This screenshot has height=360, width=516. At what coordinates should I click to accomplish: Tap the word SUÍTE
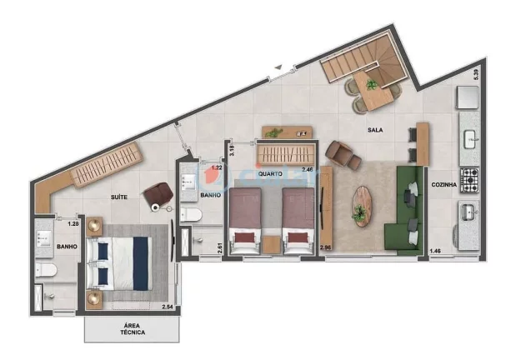[x=120, y=197]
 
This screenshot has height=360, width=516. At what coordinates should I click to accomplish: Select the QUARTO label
[x=273, y=174]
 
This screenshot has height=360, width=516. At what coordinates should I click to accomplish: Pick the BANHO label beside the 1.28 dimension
[x=67, y=246]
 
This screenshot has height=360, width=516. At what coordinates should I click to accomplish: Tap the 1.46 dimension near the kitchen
[x=434, y=251]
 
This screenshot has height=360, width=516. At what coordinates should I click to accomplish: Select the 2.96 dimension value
[x=326, y=247]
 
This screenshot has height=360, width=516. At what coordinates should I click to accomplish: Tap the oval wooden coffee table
[x=360, y=202]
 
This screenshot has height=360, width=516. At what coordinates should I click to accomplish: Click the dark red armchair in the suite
[x=156, y=194]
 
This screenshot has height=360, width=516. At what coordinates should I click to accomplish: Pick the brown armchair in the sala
[x=342, y=153]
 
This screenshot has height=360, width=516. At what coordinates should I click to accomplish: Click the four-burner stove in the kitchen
[x=470, y=177]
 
